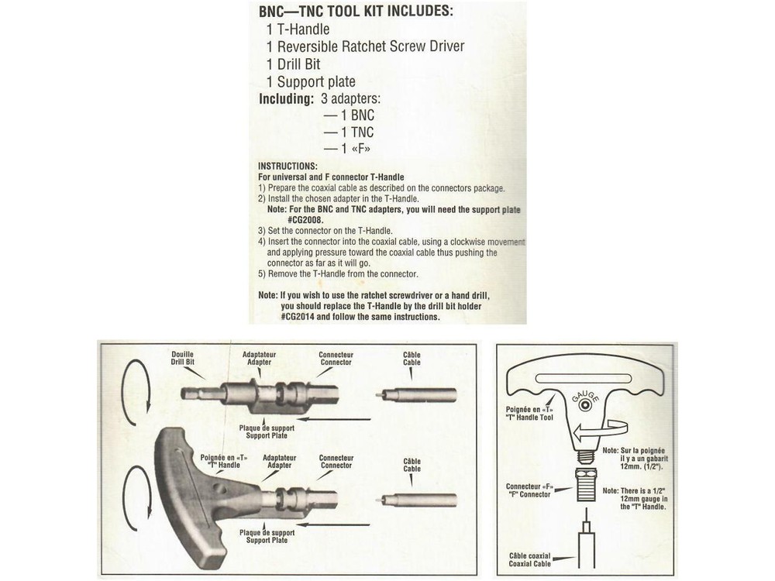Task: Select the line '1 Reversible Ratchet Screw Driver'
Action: click(x=365, y=46)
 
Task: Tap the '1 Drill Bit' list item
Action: click(x=293, y=64)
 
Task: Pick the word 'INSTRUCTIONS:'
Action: click(x=288, y=167)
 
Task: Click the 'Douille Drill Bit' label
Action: click(x=183, y=359)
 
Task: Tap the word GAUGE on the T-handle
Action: click(x=585, y=395)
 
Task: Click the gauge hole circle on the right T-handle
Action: click(x=585, y=405)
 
